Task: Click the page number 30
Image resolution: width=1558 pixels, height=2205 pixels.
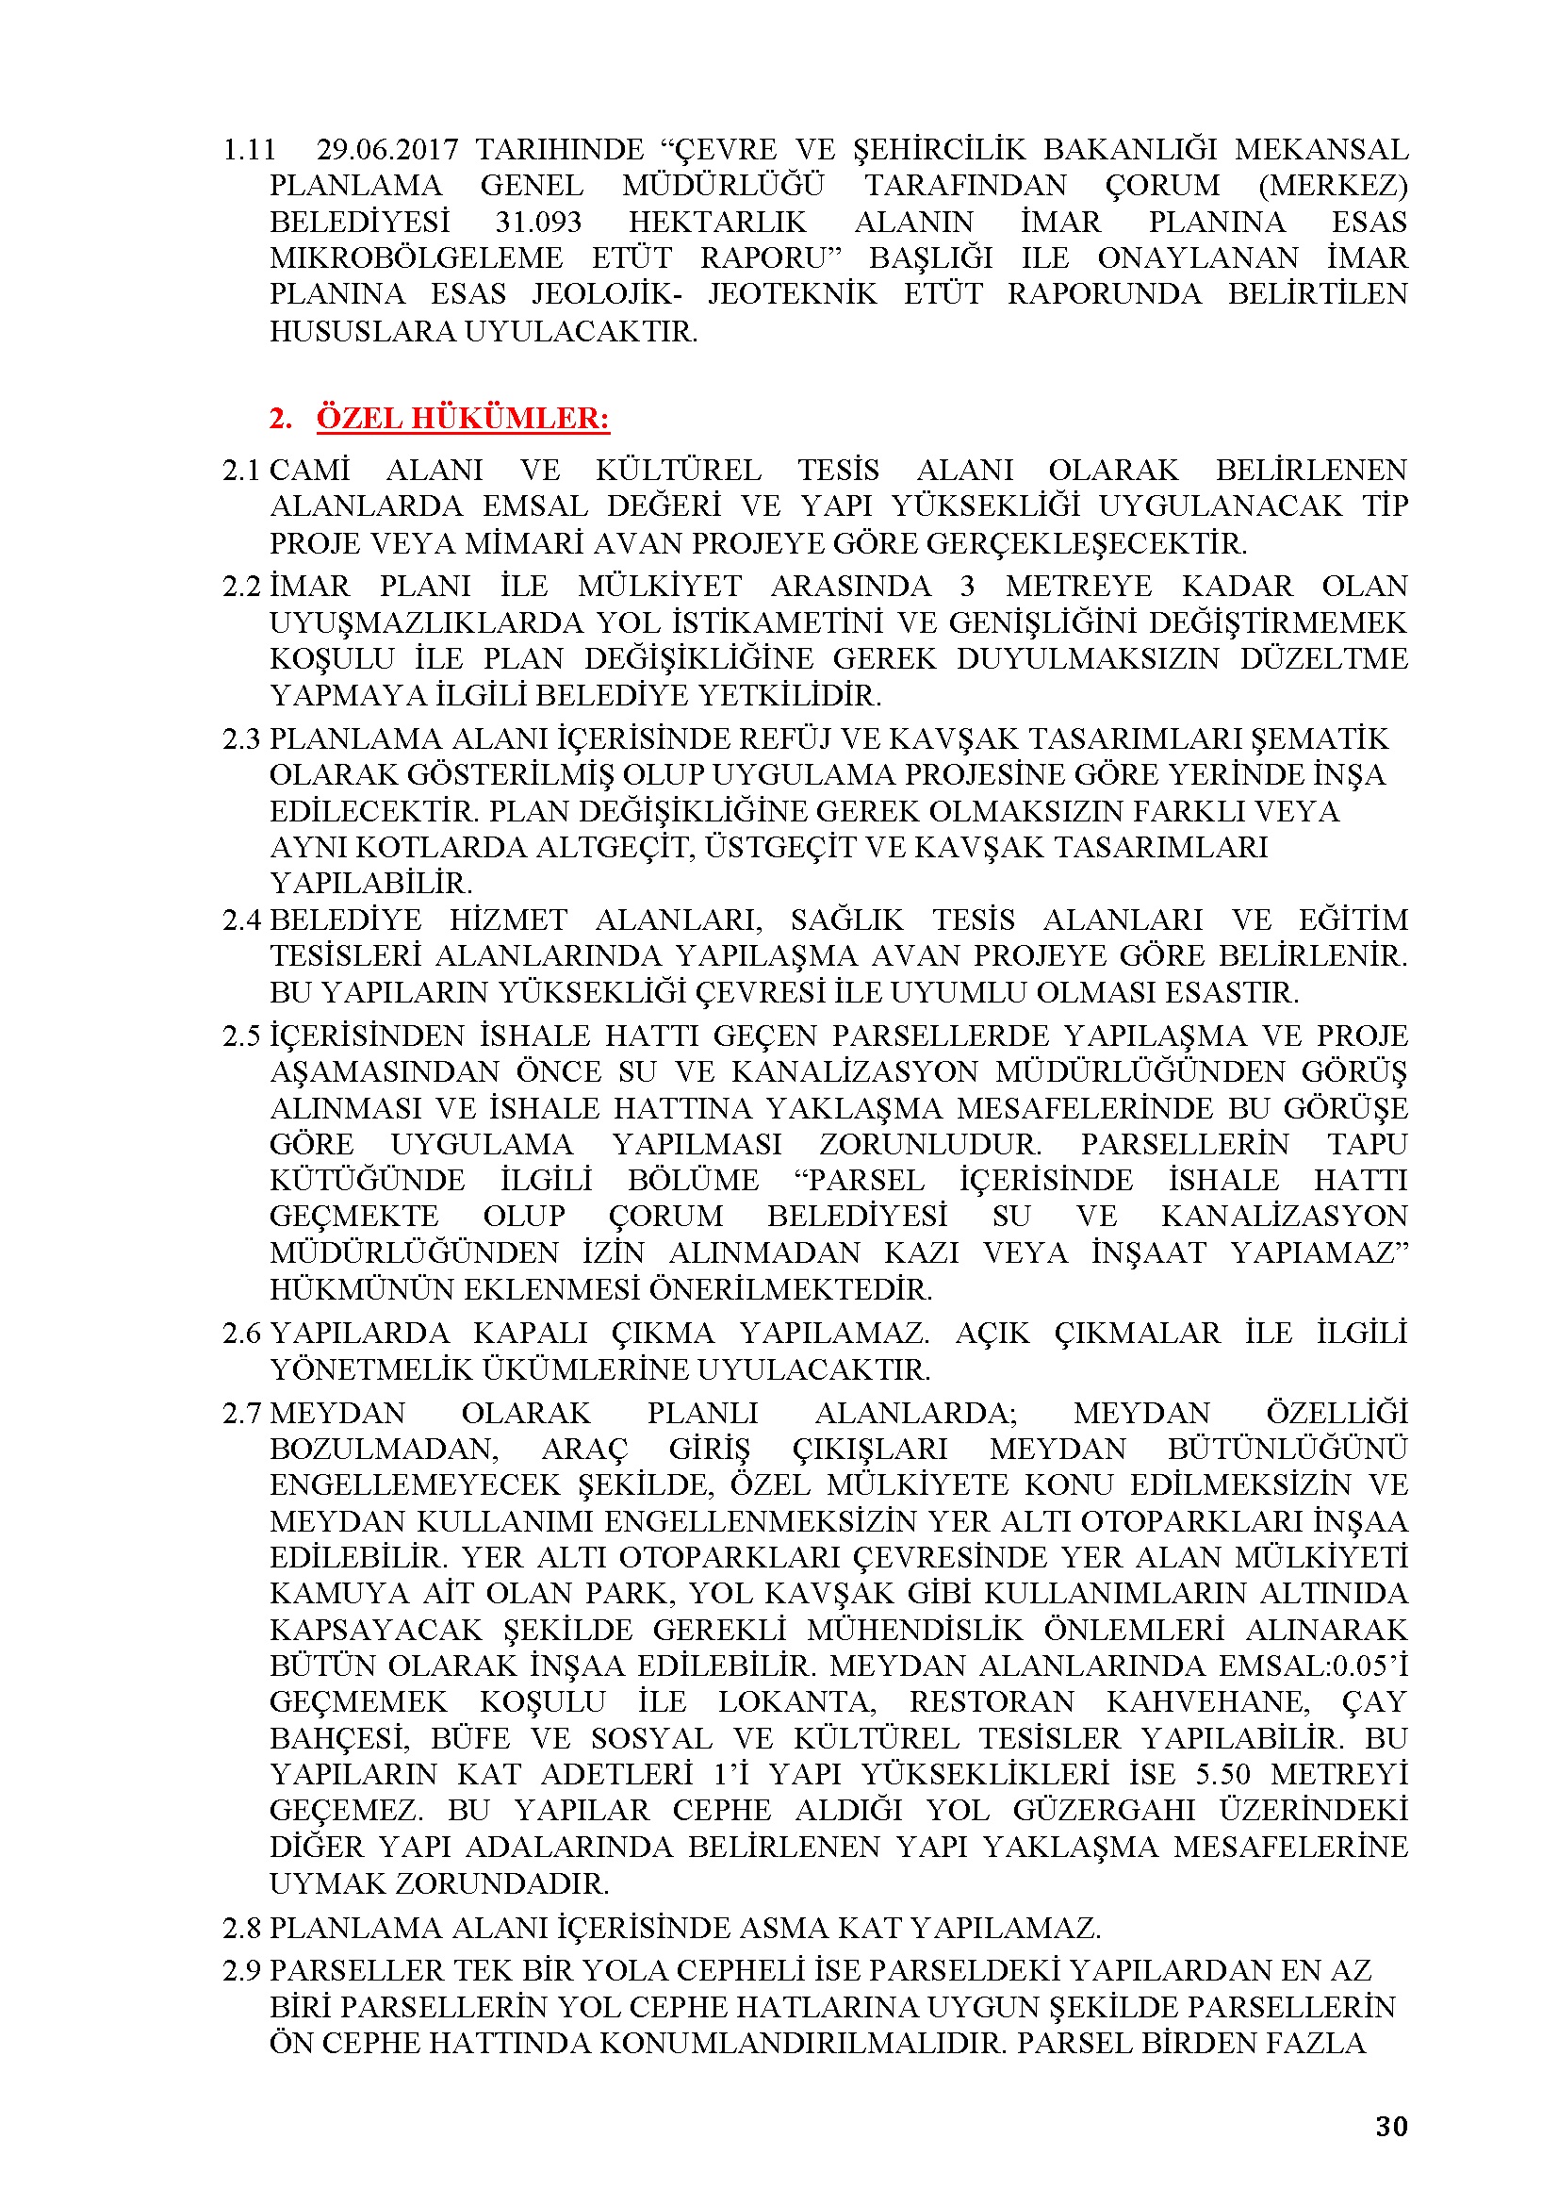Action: pyautogui.click(x=1391, y=2126)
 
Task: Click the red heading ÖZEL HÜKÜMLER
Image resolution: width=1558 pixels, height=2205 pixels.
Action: pyautogui.click(x=463, y=418)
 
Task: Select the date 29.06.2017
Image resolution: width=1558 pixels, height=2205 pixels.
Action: pyautogui.click(x=386, y=150)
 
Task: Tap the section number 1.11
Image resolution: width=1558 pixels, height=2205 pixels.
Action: pyautogui.click(x=249, y=150)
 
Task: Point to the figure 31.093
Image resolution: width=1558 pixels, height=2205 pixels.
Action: pyautogui.click(x=538, y=222)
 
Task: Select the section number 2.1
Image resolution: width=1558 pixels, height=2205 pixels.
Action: pyautogui.click(x=241, y=470)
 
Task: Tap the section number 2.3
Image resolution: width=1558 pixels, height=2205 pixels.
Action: pyautogui.click(x=241, y=738)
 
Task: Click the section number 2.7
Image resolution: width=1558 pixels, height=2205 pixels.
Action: pyautogui.click(x=241, y=1413)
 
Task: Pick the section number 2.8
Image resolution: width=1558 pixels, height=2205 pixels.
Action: pyautogui.click(x=241, y=1928)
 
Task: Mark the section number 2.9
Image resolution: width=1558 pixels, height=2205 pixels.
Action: pyautogui.click(x=241, y=1971)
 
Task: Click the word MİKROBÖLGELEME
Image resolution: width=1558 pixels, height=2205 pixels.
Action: pyautogui.click(x=416, y=258)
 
